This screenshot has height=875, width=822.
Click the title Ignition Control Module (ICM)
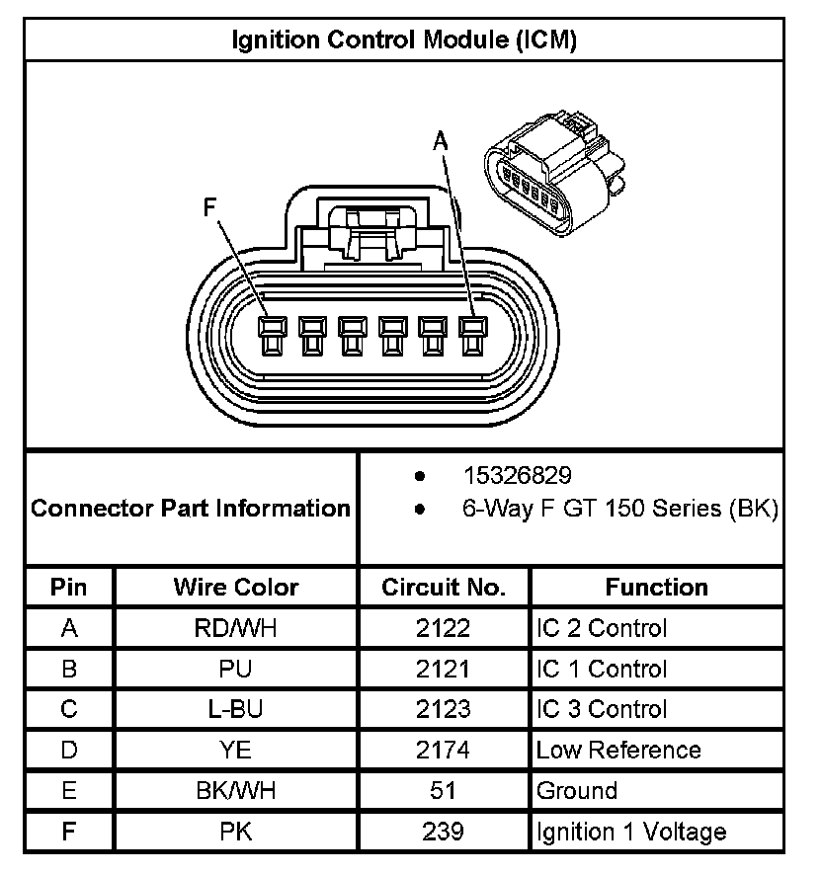(404, 40)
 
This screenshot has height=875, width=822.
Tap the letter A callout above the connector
(441, 141)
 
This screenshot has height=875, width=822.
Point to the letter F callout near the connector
(209, 208)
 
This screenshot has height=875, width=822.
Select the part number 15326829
(517, 476)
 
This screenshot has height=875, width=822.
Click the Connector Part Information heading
(191, 509)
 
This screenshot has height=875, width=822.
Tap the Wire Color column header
(236, 588)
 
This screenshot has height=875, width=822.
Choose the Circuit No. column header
(444, 588)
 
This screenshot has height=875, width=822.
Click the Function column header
(656, 588)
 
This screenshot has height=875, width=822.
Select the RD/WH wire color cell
(236, 628)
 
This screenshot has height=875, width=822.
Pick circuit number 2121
(444, 669)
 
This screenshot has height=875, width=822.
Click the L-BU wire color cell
(236, 709)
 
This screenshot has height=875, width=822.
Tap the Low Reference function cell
(618, 751)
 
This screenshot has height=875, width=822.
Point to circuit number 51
(444, 791)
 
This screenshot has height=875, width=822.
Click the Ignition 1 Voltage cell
(630, 832)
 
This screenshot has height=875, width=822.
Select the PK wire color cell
(236, 832)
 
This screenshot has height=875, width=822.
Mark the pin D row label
(69, 751)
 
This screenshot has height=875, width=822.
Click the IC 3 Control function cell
(602, 709)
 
